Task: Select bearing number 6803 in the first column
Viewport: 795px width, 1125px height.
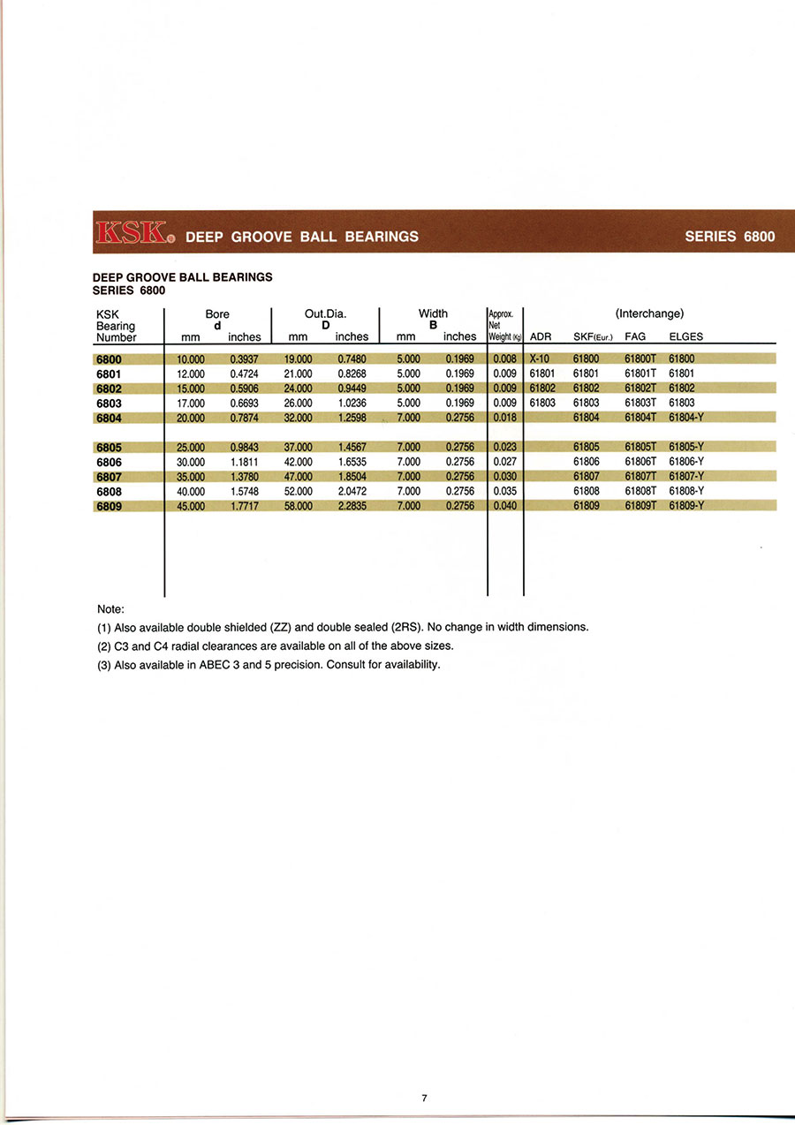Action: [x=109, y=403]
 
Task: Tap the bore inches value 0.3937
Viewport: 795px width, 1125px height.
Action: [x=244, y=359]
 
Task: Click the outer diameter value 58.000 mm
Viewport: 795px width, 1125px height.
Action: [x=298, y=506]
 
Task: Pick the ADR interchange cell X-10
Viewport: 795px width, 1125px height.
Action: [x=540, y=359]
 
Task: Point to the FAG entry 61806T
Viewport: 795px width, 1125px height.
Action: [x=640, y=462]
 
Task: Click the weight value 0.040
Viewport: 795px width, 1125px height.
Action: [x=504, y=506]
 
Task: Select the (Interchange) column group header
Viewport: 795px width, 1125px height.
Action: [x=649, y=313]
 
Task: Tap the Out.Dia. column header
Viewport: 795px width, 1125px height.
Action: [x=325, y=313]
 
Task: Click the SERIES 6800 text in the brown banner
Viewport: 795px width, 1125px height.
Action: [x=730, y=236]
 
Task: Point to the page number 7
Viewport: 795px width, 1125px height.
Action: [x=424, y=1099]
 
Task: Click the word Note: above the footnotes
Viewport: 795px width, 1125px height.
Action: [x=110, y=609]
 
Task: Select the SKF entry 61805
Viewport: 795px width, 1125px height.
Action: [x=586, y=447]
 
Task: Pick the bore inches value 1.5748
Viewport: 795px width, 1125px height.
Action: [x=244, y=491]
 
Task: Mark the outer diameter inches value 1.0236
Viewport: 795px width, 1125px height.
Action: [x=352, y=403]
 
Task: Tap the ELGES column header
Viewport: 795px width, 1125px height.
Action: [x=686, y=336]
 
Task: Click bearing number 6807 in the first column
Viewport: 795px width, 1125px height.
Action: [x=109, y=477]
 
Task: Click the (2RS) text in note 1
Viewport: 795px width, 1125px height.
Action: [x=406, y=627]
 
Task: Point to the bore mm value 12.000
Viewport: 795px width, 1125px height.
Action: [x=191, y=374]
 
